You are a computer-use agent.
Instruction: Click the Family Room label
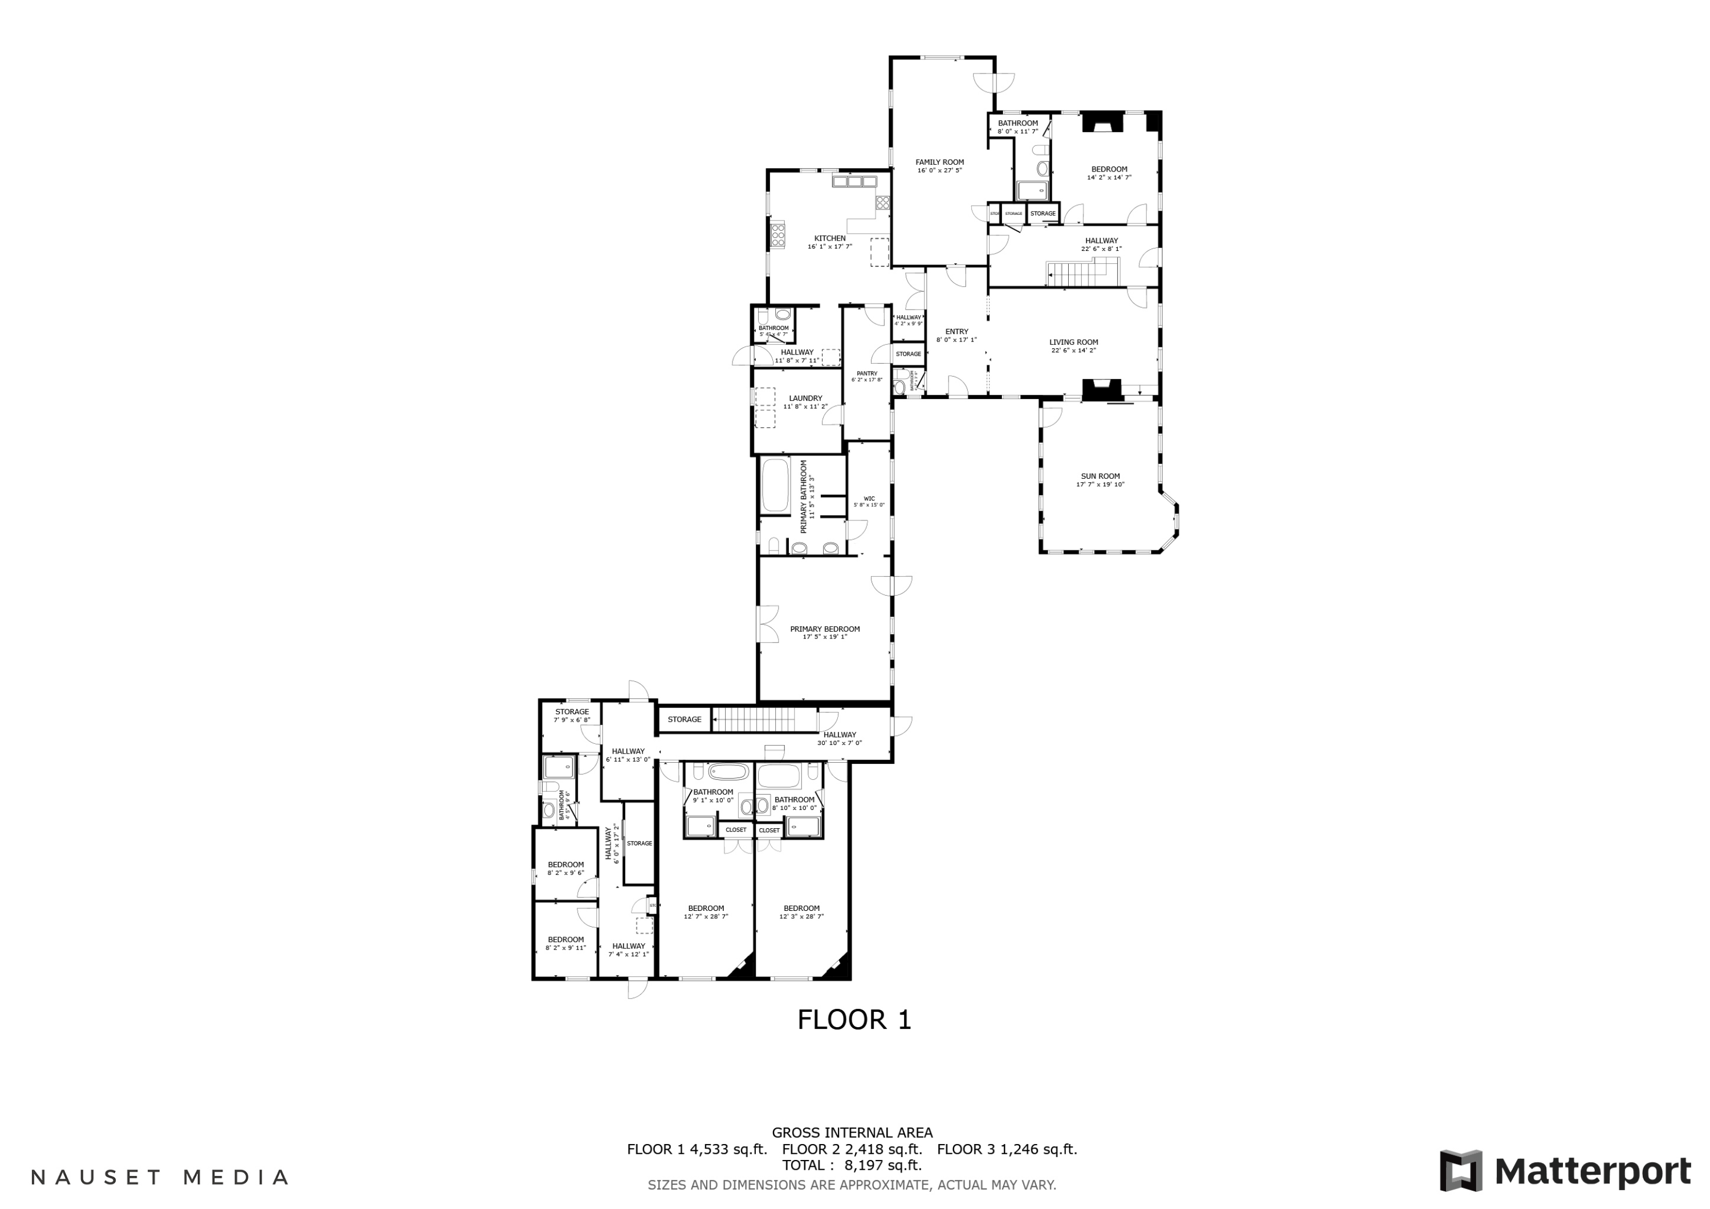point(939,162)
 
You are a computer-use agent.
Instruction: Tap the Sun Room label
point(1100,476)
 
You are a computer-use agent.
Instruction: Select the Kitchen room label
point(830,238)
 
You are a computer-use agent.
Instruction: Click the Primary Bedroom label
point(824,629)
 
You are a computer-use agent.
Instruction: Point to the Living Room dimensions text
point(1073,350)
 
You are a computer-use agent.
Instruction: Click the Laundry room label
point(805,398)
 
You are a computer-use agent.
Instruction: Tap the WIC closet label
point(869,498)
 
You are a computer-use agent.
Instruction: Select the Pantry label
point(867,373)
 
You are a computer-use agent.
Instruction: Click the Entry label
point(956,332)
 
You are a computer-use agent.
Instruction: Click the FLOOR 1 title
point(854,1020)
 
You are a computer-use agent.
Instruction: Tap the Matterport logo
point(1565,1171)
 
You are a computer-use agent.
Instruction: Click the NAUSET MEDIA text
point(160,1177)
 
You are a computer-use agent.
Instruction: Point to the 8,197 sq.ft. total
point(883,1165)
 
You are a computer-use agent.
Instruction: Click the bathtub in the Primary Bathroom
point(775,486)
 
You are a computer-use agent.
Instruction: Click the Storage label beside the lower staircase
point(683,719)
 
